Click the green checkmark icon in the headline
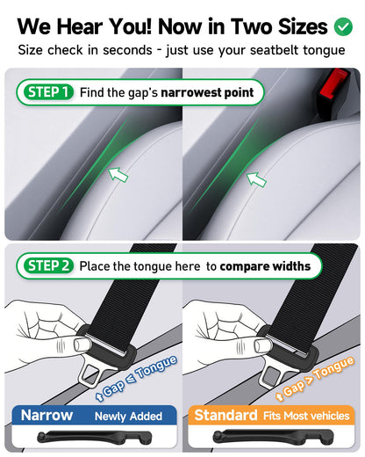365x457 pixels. [342, 26]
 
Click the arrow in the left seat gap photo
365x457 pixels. [118, 174]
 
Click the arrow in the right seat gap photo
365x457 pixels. [256, 179]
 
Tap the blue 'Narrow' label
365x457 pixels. [47, 415]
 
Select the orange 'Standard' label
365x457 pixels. [225, 415]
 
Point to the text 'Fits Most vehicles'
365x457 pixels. [304, 416]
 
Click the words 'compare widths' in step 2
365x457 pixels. [265, 265]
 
